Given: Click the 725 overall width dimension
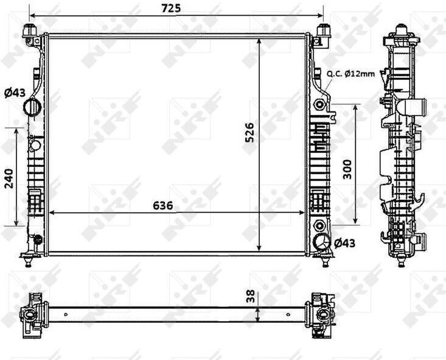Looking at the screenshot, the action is tap(171, 9).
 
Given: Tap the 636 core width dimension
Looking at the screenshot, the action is tap(162, 205).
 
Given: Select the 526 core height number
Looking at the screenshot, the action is tap(249, 132).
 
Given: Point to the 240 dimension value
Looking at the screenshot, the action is tap(9, 178).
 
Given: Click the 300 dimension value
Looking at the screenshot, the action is tap(347, 169).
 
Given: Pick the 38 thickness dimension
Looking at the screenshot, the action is tap(251, 297).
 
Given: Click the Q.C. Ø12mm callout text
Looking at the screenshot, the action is tap(350, 74).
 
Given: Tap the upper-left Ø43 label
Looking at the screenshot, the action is tap(15, 93).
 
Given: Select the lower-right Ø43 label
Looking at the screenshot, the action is tap(344, 243).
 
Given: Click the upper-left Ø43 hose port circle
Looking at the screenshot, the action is tap(32, 107).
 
